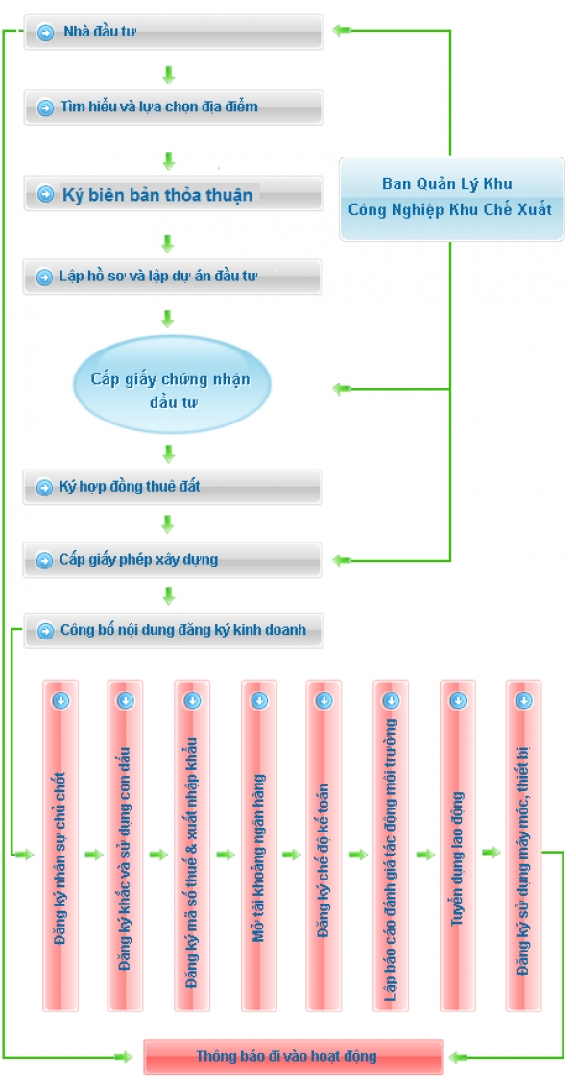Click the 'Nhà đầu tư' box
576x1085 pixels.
click(x=174, y=32)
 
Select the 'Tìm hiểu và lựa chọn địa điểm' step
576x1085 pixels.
click(x=174, y=108)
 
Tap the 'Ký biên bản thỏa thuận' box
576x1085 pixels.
click(x=174, y=194)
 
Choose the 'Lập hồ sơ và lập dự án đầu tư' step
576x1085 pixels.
click(x=172, y=277)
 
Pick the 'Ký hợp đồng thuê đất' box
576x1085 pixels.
click(x=172, y=487)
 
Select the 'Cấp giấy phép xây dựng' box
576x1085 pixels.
click(x=172, y=560)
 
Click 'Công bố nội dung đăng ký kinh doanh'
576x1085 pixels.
click(x=174, y=631)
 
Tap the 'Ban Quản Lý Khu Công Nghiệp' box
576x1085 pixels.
click(x=451, y=200)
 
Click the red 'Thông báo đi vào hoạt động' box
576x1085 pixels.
click(x=293, y=1056)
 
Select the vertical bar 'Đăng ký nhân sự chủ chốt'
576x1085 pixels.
click(x=60, y=846)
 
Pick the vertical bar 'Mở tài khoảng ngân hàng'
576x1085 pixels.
click(x=259, y=846)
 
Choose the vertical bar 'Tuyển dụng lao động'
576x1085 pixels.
click(x=458, y=846)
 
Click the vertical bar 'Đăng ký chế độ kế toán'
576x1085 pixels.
click(x=324, y=846)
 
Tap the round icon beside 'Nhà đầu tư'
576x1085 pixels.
click(x=46, y=33)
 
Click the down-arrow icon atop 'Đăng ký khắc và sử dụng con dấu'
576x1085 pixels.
click(x=125, y=700)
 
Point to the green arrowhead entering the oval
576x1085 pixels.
click(x=342, y=389)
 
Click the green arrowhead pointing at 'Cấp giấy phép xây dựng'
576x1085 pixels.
click(x=342, y=560)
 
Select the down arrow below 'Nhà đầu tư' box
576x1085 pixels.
click(x=168, y=74)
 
